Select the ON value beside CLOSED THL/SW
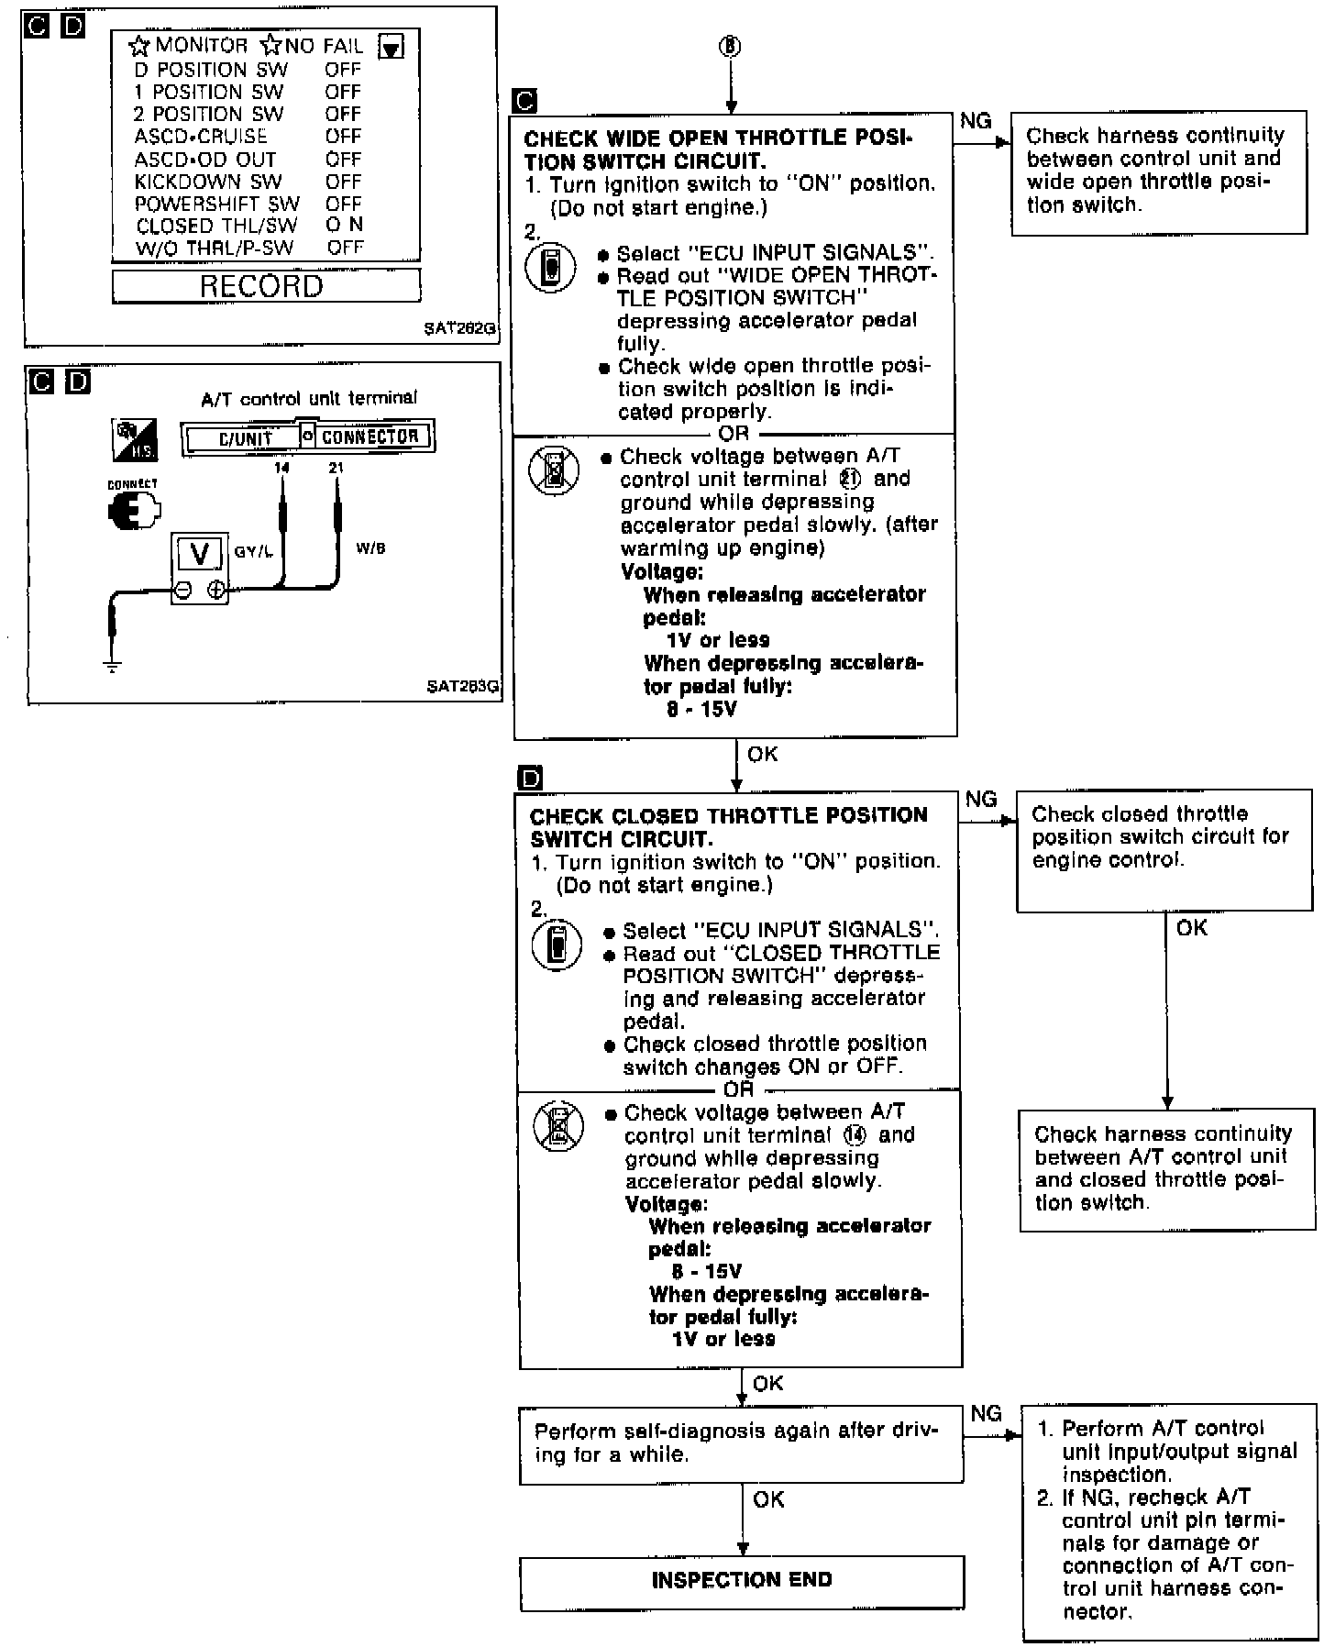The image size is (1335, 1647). [x=344, y=225]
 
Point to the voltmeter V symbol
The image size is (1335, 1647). [x=199, y=555]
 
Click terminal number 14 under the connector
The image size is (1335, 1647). [x=281, y=468]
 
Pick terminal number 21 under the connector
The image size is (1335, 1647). [x=337, y=468]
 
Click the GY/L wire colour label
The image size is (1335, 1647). [x=254, y=552]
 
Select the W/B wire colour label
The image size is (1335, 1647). [x=370, y=548]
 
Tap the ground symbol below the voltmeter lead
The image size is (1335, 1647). [x=113, y=666]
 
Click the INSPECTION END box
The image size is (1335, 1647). [x=742, y=1580]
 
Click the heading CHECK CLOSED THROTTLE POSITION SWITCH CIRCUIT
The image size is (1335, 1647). [x=728, y=827]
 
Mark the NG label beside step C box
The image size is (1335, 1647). [x=976, y=121]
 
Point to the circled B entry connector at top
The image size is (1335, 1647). [x=730, y=47]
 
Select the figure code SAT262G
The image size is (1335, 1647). [x=460, y=326]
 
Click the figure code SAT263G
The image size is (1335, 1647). [x=463, y=686]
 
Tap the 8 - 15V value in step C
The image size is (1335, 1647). [x=701, y=709]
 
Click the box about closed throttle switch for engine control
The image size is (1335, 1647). [x=1164, y=849]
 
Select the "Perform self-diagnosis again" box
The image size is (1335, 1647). [x=741, y=1444]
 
